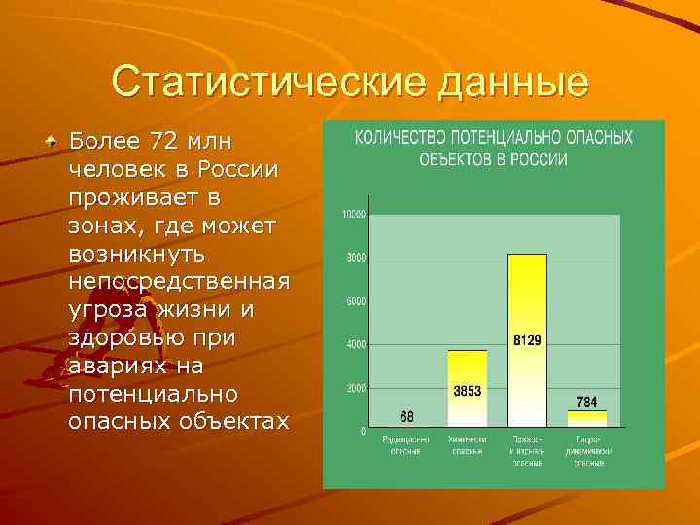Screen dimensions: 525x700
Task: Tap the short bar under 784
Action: coord(586,419)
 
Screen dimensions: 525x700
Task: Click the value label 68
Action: coord(406,417)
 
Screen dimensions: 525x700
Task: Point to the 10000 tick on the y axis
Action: coord(353,214)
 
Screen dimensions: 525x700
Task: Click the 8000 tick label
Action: coord(356,258)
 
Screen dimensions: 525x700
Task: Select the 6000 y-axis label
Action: coord(356,301)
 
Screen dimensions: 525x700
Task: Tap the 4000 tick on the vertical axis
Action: coord(356,344)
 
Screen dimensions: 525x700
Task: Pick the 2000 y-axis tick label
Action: coord(356,387)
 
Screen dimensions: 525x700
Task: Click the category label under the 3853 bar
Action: coord(467,445)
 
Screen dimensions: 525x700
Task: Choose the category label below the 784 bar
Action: coord(587,450)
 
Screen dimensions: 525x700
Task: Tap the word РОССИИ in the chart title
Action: coord(546,158)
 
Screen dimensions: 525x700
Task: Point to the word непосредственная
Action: coord(179,282)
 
